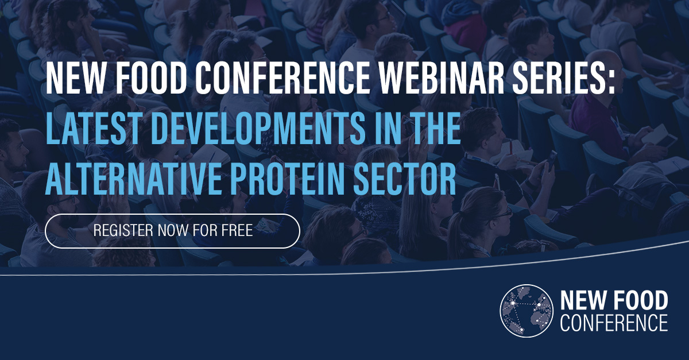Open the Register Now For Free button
click(x=172, y=231)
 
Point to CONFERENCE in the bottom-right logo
click(x=613, y=322)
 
